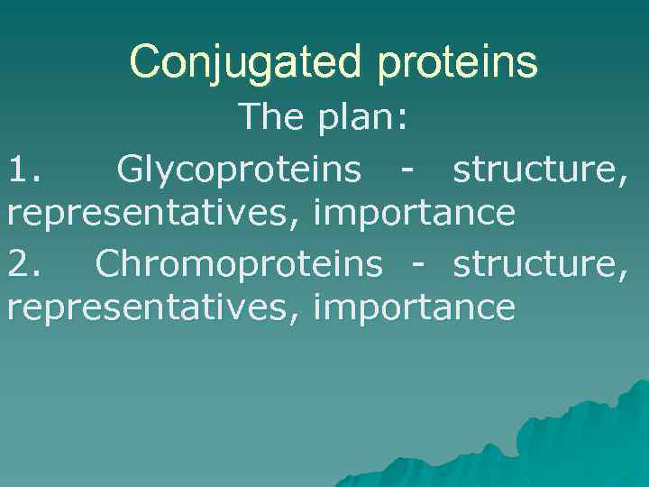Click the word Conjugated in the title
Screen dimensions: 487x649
click(x=242, y=62)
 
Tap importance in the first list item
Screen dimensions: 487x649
click(x=414, y=215)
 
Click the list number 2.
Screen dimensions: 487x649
click(x=23, y=262)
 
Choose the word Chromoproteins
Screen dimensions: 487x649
click(x=239, y=262)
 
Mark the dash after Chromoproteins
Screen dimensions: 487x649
click(x=418, y=264)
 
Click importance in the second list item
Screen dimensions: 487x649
click(x=414, y=309)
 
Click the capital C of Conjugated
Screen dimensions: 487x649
click(x=145, y=62)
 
